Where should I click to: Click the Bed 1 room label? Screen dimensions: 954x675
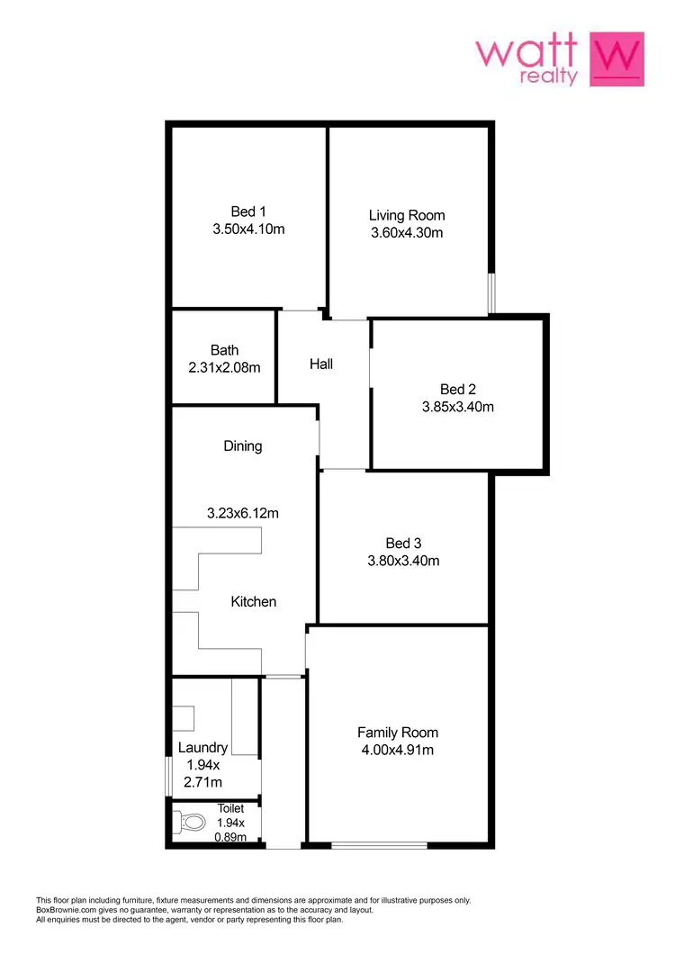click(247, 211)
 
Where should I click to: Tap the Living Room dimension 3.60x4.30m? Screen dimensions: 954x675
click(407, 233)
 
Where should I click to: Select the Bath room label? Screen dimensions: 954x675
click(224, 350)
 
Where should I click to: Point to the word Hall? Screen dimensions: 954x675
click(321, 364)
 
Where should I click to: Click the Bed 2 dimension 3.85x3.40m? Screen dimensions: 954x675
click(458, 407)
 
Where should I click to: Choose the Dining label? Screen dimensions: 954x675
click(243, 445)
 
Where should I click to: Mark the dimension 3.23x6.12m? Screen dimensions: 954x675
click(243, 514)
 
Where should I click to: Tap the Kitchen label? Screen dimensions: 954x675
click(254, 601)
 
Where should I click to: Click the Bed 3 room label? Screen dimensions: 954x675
click(403, 543)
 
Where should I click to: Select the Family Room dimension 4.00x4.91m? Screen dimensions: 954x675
click(398, 750)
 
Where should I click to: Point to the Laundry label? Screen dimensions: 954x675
click(202, 747)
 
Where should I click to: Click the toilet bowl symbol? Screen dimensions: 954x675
click(192, 822)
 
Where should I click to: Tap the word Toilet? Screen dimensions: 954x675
click(230, 808)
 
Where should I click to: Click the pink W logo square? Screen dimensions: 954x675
click(616, 59)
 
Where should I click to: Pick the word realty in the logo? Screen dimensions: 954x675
click(549, 77)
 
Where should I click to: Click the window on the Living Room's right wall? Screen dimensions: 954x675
click(491, 293)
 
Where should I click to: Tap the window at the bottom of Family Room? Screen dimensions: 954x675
click(379, 844)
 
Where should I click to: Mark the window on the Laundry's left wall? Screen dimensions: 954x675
click(169, 776)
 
